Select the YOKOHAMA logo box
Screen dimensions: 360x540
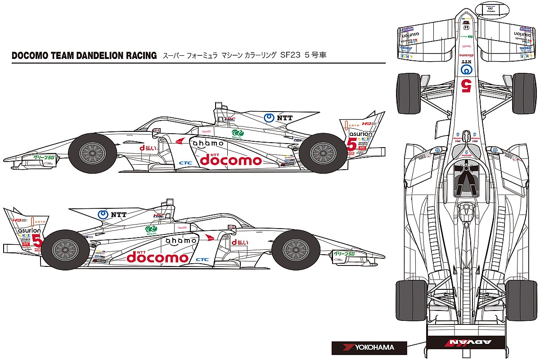coord(369,347)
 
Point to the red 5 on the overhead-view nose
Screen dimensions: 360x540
coord(467,84)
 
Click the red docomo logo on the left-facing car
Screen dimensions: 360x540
coord(230,160)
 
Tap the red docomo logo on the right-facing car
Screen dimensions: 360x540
coord(157,257)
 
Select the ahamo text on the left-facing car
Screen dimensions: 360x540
coord(208,143)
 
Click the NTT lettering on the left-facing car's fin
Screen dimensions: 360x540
coord(284,118)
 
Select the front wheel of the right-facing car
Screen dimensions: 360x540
coord(295,250)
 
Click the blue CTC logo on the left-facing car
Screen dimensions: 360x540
coord(185,162)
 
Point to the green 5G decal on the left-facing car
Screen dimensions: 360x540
coord(44,157)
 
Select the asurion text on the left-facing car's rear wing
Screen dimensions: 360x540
coord(360,134)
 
